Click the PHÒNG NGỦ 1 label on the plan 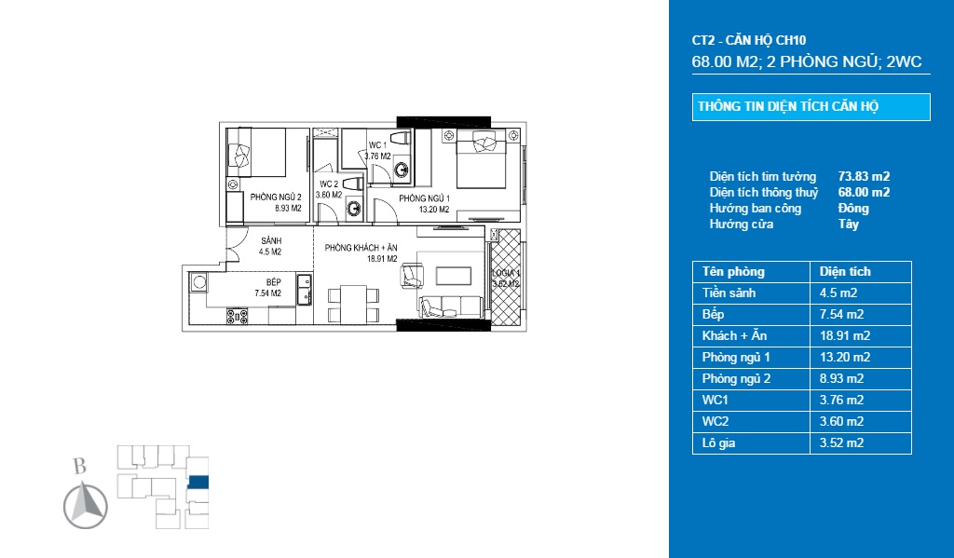(424, 198)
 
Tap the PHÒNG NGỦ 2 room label (276, 197)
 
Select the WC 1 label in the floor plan (377, 144)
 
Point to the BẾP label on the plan (273, 282)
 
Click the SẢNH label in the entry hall (271, 241)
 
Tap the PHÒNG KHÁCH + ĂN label (361, 248)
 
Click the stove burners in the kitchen (238, 317)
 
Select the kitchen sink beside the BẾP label (304, 290)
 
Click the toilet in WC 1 (399, 138)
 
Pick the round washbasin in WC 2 (354, 210)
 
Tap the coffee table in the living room (454, 276)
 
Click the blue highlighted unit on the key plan (198, 483)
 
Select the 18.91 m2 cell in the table (844, 336)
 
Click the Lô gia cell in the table (718, 443)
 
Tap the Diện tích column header (844, 271)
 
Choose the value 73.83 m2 (864, 176)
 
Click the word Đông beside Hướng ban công (853, 208)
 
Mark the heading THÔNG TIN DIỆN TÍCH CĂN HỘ (788, 106)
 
